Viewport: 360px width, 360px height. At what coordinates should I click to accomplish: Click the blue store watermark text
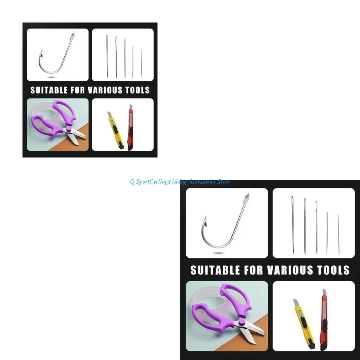pos(180,182)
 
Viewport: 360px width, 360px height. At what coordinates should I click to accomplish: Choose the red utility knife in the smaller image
pos(130,128)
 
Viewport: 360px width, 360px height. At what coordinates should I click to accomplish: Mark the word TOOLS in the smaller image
pos(137,90)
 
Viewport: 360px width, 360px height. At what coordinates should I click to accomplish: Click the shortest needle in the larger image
pos(339,234)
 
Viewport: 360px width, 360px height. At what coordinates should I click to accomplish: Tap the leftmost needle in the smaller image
pos(107,56)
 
